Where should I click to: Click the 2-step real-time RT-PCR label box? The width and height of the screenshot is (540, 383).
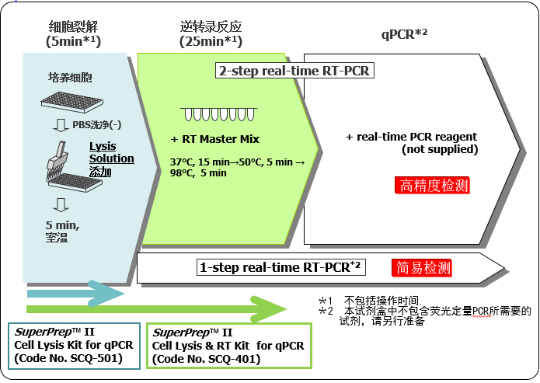[x=294, y=71]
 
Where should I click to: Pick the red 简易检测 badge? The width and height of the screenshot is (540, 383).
[x=423, y=268]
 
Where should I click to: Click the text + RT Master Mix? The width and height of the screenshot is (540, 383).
[x=214, y=139]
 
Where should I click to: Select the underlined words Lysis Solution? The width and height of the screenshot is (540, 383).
[x=111, y=152]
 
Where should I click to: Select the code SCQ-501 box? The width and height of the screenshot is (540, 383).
[x=74, y=346]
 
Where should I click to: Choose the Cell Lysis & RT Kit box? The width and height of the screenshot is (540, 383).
[x=228, y=346]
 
